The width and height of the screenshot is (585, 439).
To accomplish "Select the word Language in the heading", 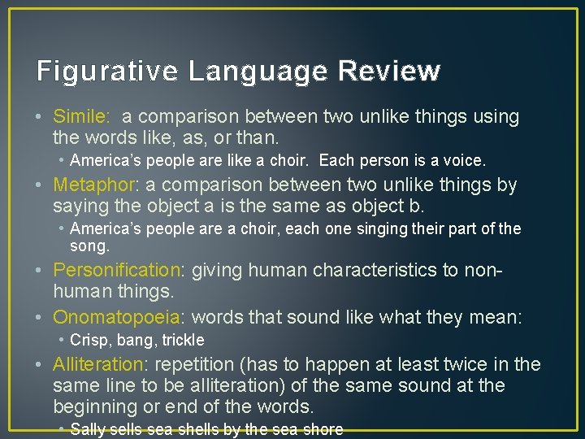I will pyautogui.click(x=258, y=72).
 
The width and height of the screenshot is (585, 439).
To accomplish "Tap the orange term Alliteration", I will pyautogui.click(x=101, y=364).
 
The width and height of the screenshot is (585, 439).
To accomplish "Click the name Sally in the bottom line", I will pyautogui.click(x=89, y=429).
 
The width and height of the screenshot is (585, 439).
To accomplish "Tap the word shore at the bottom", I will pyautogui.click(x=323, y=429).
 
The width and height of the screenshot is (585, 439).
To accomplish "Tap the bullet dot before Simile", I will pyautogui.click(x=41, y=117).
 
